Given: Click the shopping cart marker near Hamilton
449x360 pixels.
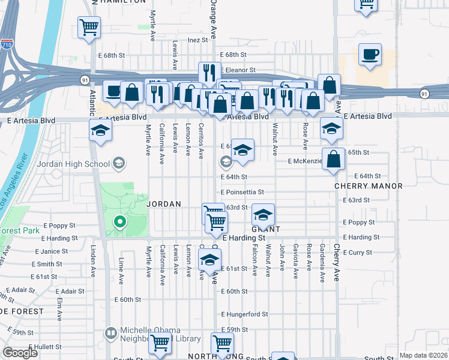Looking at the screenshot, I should point(89,26).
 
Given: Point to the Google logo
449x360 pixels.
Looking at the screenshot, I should point(19,353).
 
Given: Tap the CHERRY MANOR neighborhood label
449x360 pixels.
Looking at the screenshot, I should point(369,186).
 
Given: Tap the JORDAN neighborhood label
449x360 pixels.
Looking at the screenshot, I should point(164,204).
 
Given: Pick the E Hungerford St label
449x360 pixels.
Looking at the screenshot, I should point(244,314).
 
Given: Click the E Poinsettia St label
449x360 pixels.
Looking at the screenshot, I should point(242,192).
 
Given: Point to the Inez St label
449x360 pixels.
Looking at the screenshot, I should point(197,40).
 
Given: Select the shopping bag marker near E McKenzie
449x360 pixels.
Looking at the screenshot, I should point(333,158).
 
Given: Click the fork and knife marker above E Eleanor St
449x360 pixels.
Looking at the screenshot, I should point(209,73).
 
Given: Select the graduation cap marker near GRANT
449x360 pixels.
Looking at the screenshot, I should point(262,214).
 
